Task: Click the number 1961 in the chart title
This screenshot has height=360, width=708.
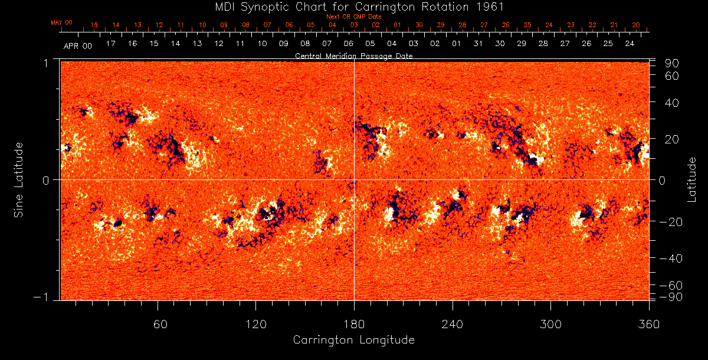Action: point(493,6)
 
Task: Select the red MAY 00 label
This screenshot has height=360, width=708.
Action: point(61,22)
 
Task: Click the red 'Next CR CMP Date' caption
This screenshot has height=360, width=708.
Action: point(354,17)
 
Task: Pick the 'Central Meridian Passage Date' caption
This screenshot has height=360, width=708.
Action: point(354,55)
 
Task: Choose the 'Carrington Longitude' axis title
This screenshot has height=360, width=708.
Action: point(354,340)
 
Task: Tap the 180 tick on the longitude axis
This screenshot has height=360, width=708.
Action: point(354,324)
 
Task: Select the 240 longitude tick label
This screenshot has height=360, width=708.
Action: point(453,324)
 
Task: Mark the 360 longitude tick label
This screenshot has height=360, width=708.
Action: point(648,324)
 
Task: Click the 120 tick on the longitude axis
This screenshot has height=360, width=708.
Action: point(256,324)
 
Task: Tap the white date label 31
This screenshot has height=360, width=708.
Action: point(478,44)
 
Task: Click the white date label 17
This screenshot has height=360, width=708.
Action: point(110,44)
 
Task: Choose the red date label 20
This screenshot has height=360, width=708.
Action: point(635,25)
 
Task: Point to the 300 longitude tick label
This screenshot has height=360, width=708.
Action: point(550,324)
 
